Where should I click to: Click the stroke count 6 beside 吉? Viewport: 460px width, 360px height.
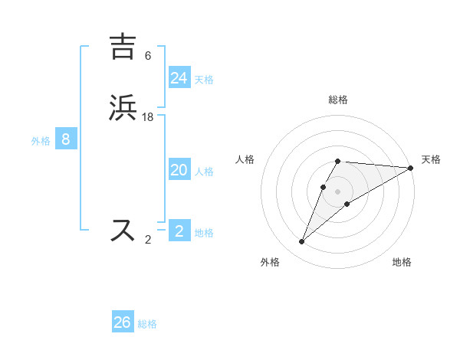coord(148,55)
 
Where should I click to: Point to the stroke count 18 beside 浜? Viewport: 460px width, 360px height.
coord(148,116)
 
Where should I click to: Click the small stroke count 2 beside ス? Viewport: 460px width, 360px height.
coord(148,239)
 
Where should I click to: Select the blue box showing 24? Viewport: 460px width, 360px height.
coord(179,78)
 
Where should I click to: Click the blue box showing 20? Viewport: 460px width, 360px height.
coord(179,170)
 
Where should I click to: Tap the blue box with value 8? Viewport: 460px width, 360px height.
coord(66,139)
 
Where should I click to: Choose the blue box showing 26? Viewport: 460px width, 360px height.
coord(123,322)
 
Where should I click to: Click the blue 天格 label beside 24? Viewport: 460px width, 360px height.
coord(204,80)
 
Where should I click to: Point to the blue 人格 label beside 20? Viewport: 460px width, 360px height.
coord(204,172)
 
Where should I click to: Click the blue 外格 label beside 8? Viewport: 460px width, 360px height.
coord(41,141)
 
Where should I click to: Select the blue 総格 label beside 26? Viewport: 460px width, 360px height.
coord(147,324)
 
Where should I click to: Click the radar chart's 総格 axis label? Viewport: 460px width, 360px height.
coord(338,100)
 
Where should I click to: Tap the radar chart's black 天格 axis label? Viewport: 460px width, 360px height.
coord(431,159)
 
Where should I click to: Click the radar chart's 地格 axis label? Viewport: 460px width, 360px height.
coord(402,262)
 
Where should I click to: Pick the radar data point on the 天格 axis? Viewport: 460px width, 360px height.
coord(411,168)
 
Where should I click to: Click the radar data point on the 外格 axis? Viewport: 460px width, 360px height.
coord(301,242)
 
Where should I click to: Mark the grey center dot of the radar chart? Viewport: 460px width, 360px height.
coord(338,191)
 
